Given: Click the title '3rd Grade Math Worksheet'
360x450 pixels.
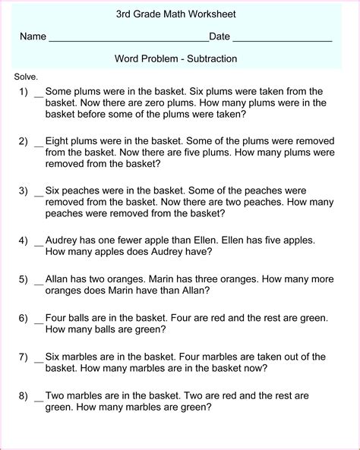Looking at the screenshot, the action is coord(175,14).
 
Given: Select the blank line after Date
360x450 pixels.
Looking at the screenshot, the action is coord(282,39).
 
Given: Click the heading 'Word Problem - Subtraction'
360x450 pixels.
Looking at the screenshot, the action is coord(175,58).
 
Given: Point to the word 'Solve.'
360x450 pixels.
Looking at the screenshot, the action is coord(26,77).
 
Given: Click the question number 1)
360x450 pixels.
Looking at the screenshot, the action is coord(23,92).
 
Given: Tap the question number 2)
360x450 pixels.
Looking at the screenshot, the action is coord(23,141).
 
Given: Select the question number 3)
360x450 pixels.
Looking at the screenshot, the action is coord(23,190).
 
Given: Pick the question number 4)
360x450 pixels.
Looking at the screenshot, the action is coord(23,240).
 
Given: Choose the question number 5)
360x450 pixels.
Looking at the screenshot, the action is coord(23,278).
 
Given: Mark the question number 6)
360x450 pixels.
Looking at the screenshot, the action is coord(23,317).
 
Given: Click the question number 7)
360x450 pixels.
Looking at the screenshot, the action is coord(23,357).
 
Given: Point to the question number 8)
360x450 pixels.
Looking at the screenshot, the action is coord(23,395).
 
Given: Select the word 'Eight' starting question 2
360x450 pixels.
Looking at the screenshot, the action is coord(58,141).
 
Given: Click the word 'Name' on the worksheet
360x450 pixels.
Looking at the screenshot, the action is coord(33,36).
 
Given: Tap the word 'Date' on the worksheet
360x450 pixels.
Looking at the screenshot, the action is coord(219,36).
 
